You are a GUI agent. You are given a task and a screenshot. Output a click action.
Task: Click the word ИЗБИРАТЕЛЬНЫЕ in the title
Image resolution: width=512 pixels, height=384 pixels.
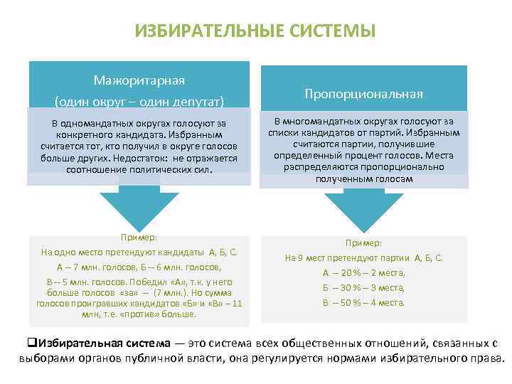click(x=206, y=32)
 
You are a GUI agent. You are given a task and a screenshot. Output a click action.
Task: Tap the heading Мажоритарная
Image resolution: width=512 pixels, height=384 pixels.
click(x=139, y=79)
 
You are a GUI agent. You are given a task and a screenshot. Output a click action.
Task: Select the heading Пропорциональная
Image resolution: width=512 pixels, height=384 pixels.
click(x=363, y=94)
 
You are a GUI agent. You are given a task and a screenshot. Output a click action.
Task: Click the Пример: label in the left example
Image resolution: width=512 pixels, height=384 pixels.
click(x=139, y=238)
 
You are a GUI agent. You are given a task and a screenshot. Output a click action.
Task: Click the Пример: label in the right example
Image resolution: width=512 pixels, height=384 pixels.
click(x=363, y=242)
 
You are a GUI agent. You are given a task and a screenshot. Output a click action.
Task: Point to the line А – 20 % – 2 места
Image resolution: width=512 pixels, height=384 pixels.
click(x=363, y=272)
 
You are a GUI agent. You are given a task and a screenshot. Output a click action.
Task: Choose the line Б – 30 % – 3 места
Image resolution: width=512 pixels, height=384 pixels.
click(x=363, y=287)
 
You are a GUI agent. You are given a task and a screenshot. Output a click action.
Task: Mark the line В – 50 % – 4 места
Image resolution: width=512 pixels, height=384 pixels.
click(x=363, y=302)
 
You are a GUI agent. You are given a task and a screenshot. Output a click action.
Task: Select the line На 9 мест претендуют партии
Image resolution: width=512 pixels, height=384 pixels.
click(x=363, y=257)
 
